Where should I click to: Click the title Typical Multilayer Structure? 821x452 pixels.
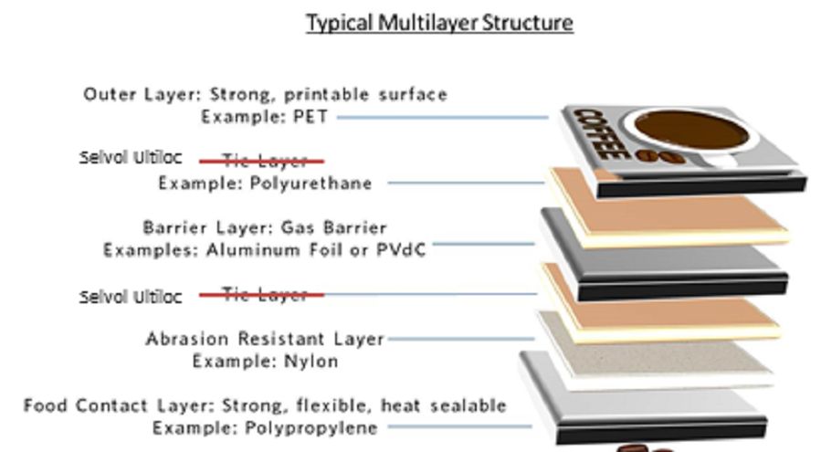coord(439,22)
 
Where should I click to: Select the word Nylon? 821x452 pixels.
coord(306,362)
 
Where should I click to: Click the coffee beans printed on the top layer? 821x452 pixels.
coord(654,156)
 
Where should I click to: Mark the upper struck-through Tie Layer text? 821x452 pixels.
coord(265,162)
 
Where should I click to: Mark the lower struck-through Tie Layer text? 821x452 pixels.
coord(265,295)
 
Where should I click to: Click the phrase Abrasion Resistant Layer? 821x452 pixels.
coord(265,339)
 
